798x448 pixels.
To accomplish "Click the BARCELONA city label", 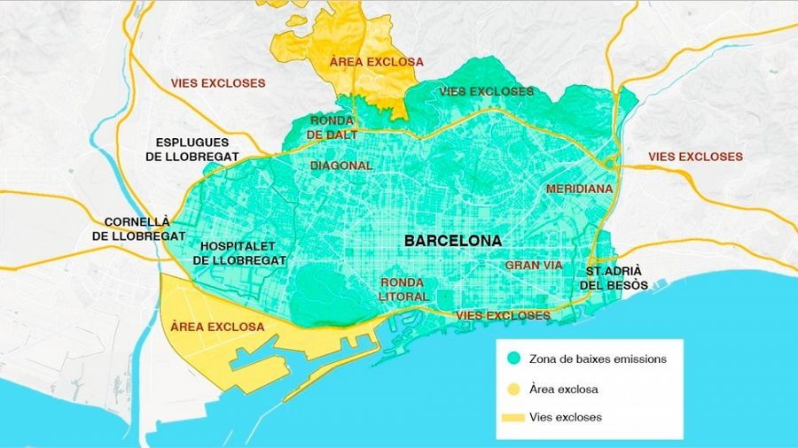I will pos(452,241).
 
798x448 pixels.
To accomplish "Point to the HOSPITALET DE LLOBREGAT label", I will pos(239,253).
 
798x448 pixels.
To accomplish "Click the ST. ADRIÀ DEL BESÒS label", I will pos(614,278).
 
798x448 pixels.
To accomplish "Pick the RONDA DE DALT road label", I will pos(333,127).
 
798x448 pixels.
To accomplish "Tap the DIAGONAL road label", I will pos(341,166).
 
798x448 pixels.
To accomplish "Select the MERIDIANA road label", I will pos(579,189).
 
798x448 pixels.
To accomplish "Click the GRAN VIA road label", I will pos(535,266).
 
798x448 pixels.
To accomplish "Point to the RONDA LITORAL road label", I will pos(404,290).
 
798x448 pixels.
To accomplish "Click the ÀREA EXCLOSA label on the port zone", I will pos(216,327).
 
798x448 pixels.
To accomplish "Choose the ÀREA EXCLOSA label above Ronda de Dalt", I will pos(376,62).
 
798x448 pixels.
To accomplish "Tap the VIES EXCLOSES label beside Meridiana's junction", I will pos(695,157).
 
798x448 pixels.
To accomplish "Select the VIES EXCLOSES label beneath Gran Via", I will pos(503,315).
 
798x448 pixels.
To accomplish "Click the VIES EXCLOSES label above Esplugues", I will pos(218,83).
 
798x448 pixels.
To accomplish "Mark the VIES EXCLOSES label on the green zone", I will pos(487,91).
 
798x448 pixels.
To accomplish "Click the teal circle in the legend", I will pos(513,359).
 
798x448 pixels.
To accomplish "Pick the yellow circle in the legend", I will pos(513,389).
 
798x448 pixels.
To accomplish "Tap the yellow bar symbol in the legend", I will pos(513,417).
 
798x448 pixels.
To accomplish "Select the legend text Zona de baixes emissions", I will pos(597,359).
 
